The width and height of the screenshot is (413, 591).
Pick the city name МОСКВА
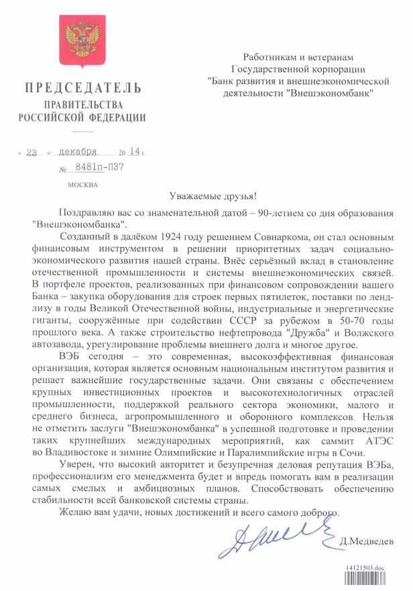click(x=83, y=184)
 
